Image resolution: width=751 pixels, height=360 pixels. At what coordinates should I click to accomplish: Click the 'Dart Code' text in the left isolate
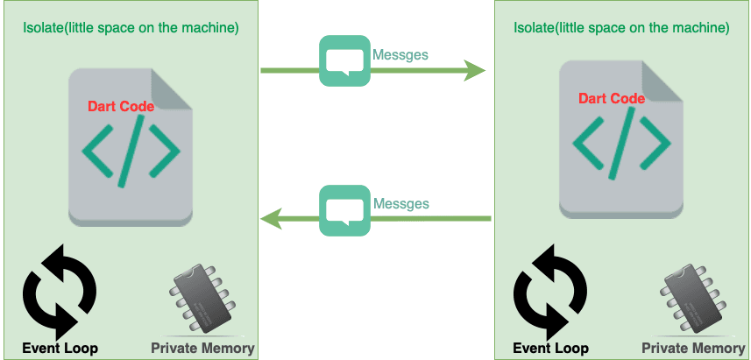pos(121,106)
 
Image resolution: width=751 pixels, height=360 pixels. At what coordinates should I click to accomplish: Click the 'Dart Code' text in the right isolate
pos(612,98)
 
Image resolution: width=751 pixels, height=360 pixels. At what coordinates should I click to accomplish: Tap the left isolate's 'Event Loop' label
pos(60,348)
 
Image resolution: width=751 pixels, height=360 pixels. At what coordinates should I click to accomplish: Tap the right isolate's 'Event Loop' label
pos(550,348)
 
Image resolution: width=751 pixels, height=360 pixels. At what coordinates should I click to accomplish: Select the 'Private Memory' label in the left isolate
pos(202,348)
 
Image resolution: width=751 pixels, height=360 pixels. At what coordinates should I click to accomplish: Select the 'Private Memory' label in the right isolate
pos(693,348)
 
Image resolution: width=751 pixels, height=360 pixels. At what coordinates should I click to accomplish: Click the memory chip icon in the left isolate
pos(201,300)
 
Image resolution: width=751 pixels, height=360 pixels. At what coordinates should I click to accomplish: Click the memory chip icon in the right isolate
pos(691,300)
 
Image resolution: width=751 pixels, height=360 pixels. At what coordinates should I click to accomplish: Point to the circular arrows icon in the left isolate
pos(60,292)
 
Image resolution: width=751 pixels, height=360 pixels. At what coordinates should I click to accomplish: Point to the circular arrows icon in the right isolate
pos(550,292)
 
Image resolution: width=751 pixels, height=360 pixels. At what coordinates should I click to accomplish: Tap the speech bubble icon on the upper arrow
pos(344,60)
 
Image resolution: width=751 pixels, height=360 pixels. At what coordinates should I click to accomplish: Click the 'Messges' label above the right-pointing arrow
pos(400,54)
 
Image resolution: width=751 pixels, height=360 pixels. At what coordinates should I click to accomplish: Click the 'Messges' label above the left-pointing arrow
pos(400,203)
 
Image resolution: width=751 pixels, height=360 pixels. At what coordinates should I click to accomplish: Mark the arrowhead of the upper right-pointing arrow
pos(476,70)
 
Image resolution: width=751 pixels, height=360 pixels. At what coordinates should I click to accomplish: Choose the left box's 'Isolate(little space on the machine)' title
pos(131,27)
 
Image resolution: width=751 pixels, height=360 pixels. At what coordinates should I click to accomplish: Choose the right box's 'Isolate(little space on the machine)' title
pos(621,27)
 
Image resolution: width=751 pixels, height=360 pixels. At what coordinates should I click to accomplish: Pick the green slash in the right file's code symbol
pos(621,145)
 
